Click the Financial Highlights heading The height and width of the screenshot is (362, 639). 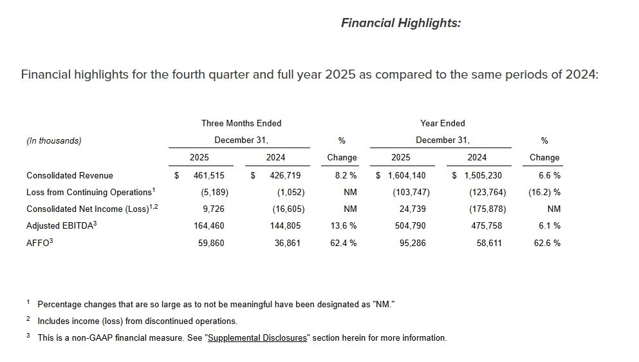[400, 23]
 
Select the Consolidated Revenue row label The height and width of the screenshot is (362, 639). [69, 175]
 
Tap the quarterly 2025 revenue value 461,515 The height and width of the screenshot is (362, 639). [208, 175]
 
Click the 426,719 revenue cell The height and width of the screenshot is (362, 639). [284, 175]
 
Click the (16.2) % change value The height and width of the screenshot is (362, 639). [544, 192]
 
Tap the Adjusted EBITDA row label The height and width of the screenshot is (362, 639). [61, 225]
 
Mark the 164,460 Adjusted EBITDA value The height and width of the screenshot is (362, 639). [208, 226]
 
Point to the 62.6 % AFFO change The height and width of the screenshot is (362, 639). [547, 243]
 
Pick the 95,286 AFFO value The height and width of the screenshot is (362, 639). [412, 243]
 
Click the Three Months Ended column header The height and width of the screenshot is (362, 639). [241, 123]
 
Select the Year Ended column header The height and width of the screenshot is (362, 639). [443, 123]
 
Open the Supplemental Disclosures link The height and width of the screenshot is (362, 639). [257, 338]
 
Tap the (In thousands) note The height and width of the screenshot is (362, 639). [54, 140]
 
